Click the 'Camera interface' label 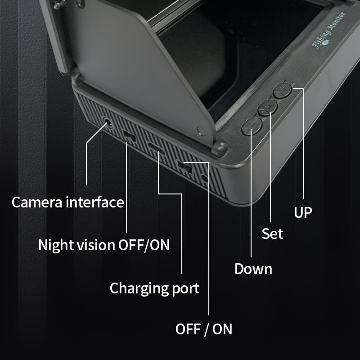(67, 202)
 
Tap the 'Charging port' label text (154, 288)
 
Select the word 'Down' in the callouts (253, 269)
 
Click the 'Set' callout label (273, 234)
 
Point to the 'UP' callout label (303, 212)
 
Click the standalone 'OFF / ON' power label (204, 329)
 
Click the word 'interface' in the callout (94, 202)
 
